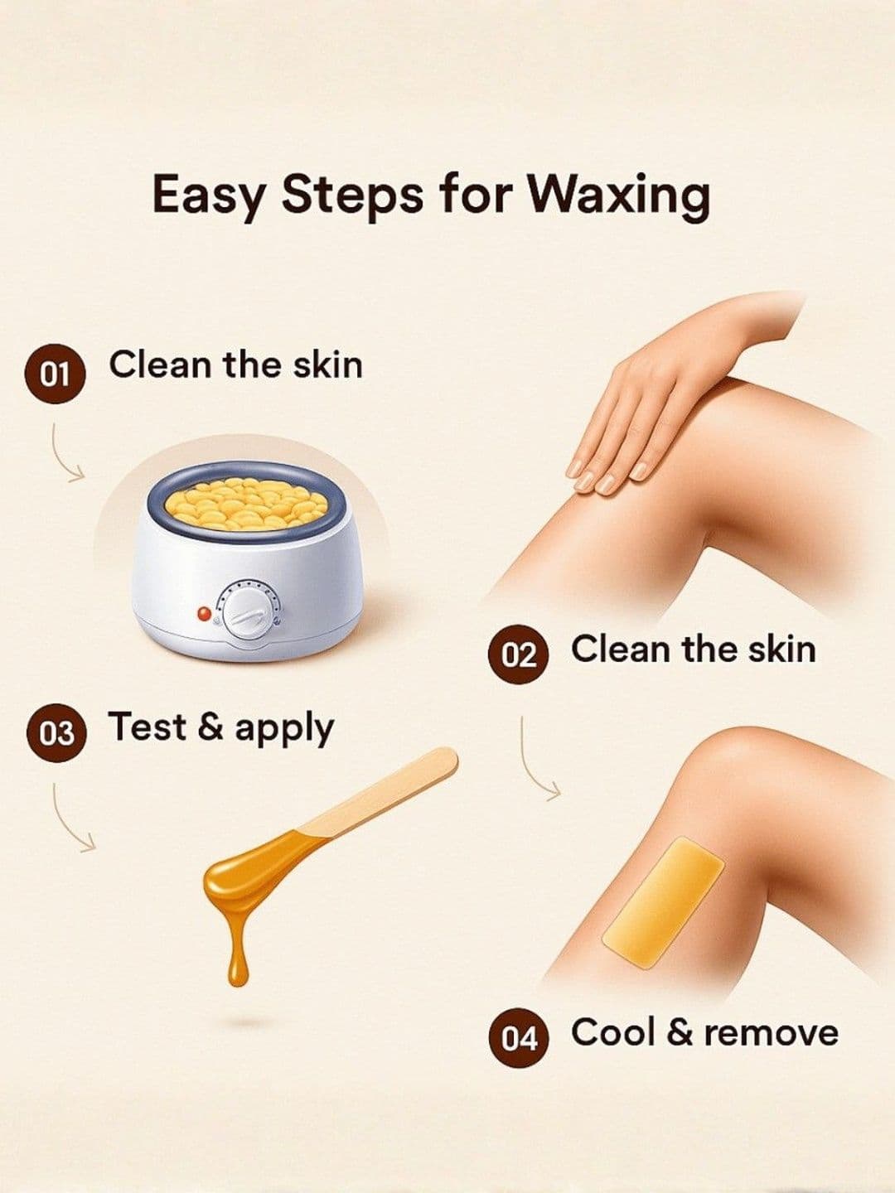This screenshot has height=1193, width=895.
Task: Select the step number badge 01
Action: [x=56, y=374]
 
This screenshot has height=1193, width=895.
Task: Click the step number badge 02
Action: [x=519, y=654]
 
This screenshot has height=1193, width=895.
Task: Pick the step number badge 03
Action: [x=56, y=732]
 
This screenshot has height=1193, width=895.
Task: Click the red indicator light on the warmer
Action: [x=204, y=614]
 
